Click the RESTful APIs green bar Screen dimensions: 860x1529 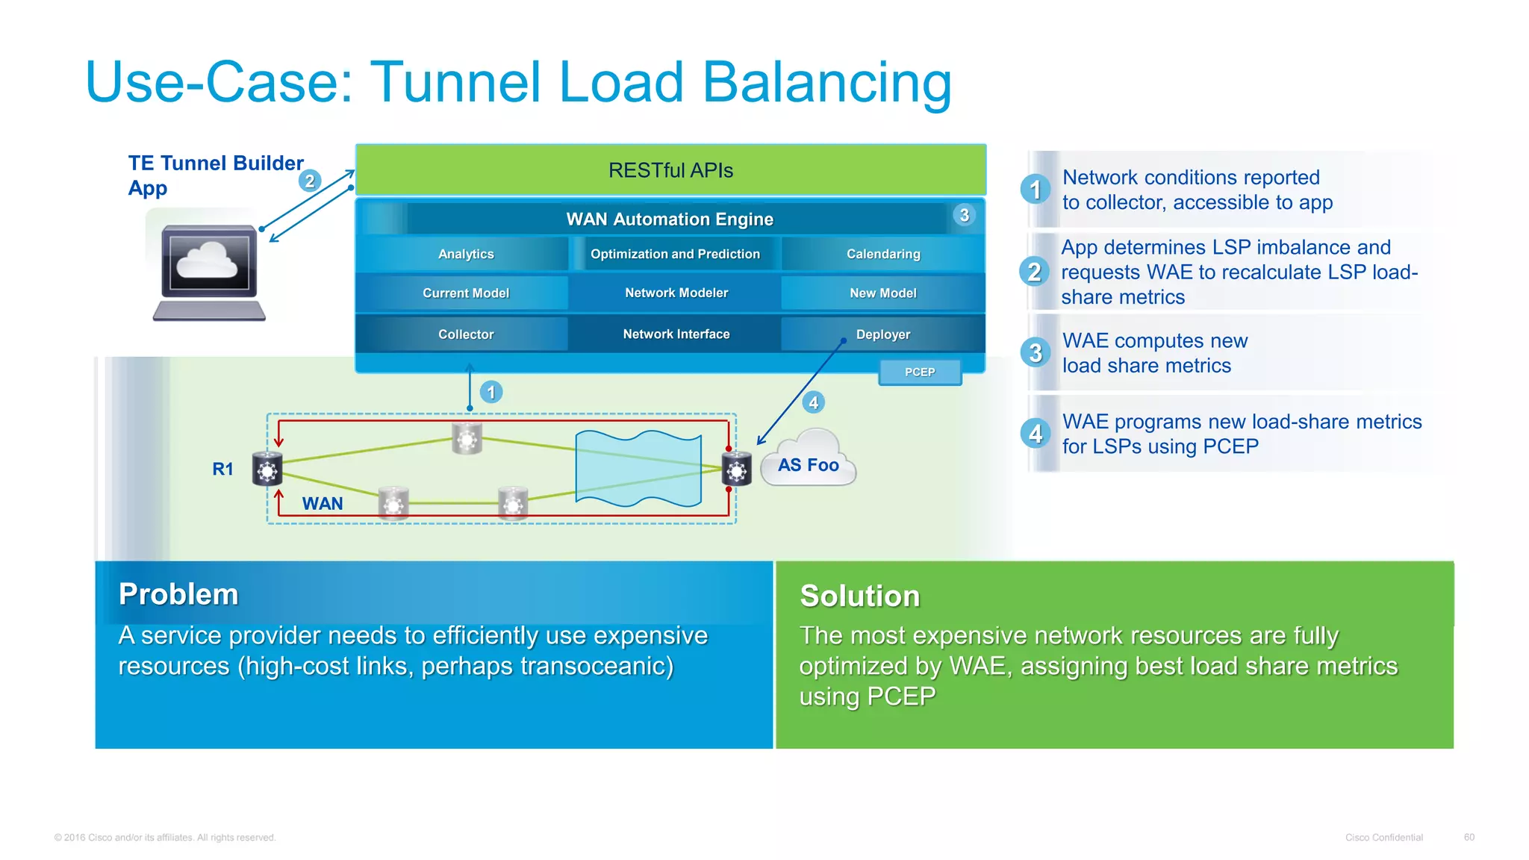pyautogui.click(x=670, y=170)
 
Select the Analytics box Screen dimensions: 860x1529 pyautogui.click(x=466, y=254)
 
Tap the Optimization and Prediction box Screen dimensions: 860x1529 pyautogui.click(x=675, y=254)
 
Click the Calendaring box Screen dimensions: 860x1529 pyautogui.click(x=883, y=254)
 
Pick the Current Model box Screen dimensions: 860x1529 pyautogui.click(x=466, y=293)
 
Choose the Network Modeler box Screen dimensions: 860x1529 pyautogui.click(x=676, y=293)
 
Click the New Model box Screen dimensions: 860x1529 pyautogui.click(x=883, y=293)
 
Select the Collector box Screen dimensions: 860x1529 pyautogui.click(x=466, y=334)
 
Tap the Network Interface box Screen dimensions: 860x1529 pyautogui.click(x=676, y=334)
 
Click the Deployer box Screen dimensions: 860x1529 pyautogui.click(x=883, y=334)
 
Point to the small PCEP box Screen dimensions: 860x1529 pyautogui.click(x=920, y=372)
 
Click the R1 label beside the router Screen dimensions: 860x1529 pyautogui.click(x=222, y=469)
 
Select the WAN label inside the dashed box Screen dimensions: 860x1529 pyautogui.click(x=323, y=503)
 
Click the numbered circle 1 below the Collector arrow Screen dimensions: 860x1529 pyautogui.click(x=491, y=392)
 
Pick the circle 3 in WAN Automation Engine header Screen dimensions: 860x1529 pyautogui.click(x=964, y=216)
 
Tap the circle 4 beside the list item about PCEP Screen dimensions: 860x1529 pyautogui.click(x=1036, y=433)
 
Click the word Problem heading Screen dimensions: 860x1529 pyautogui.click(x=178, y=594)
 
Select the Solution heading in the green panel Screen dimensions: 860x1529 pyautogui.click(x=859, y=596)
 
